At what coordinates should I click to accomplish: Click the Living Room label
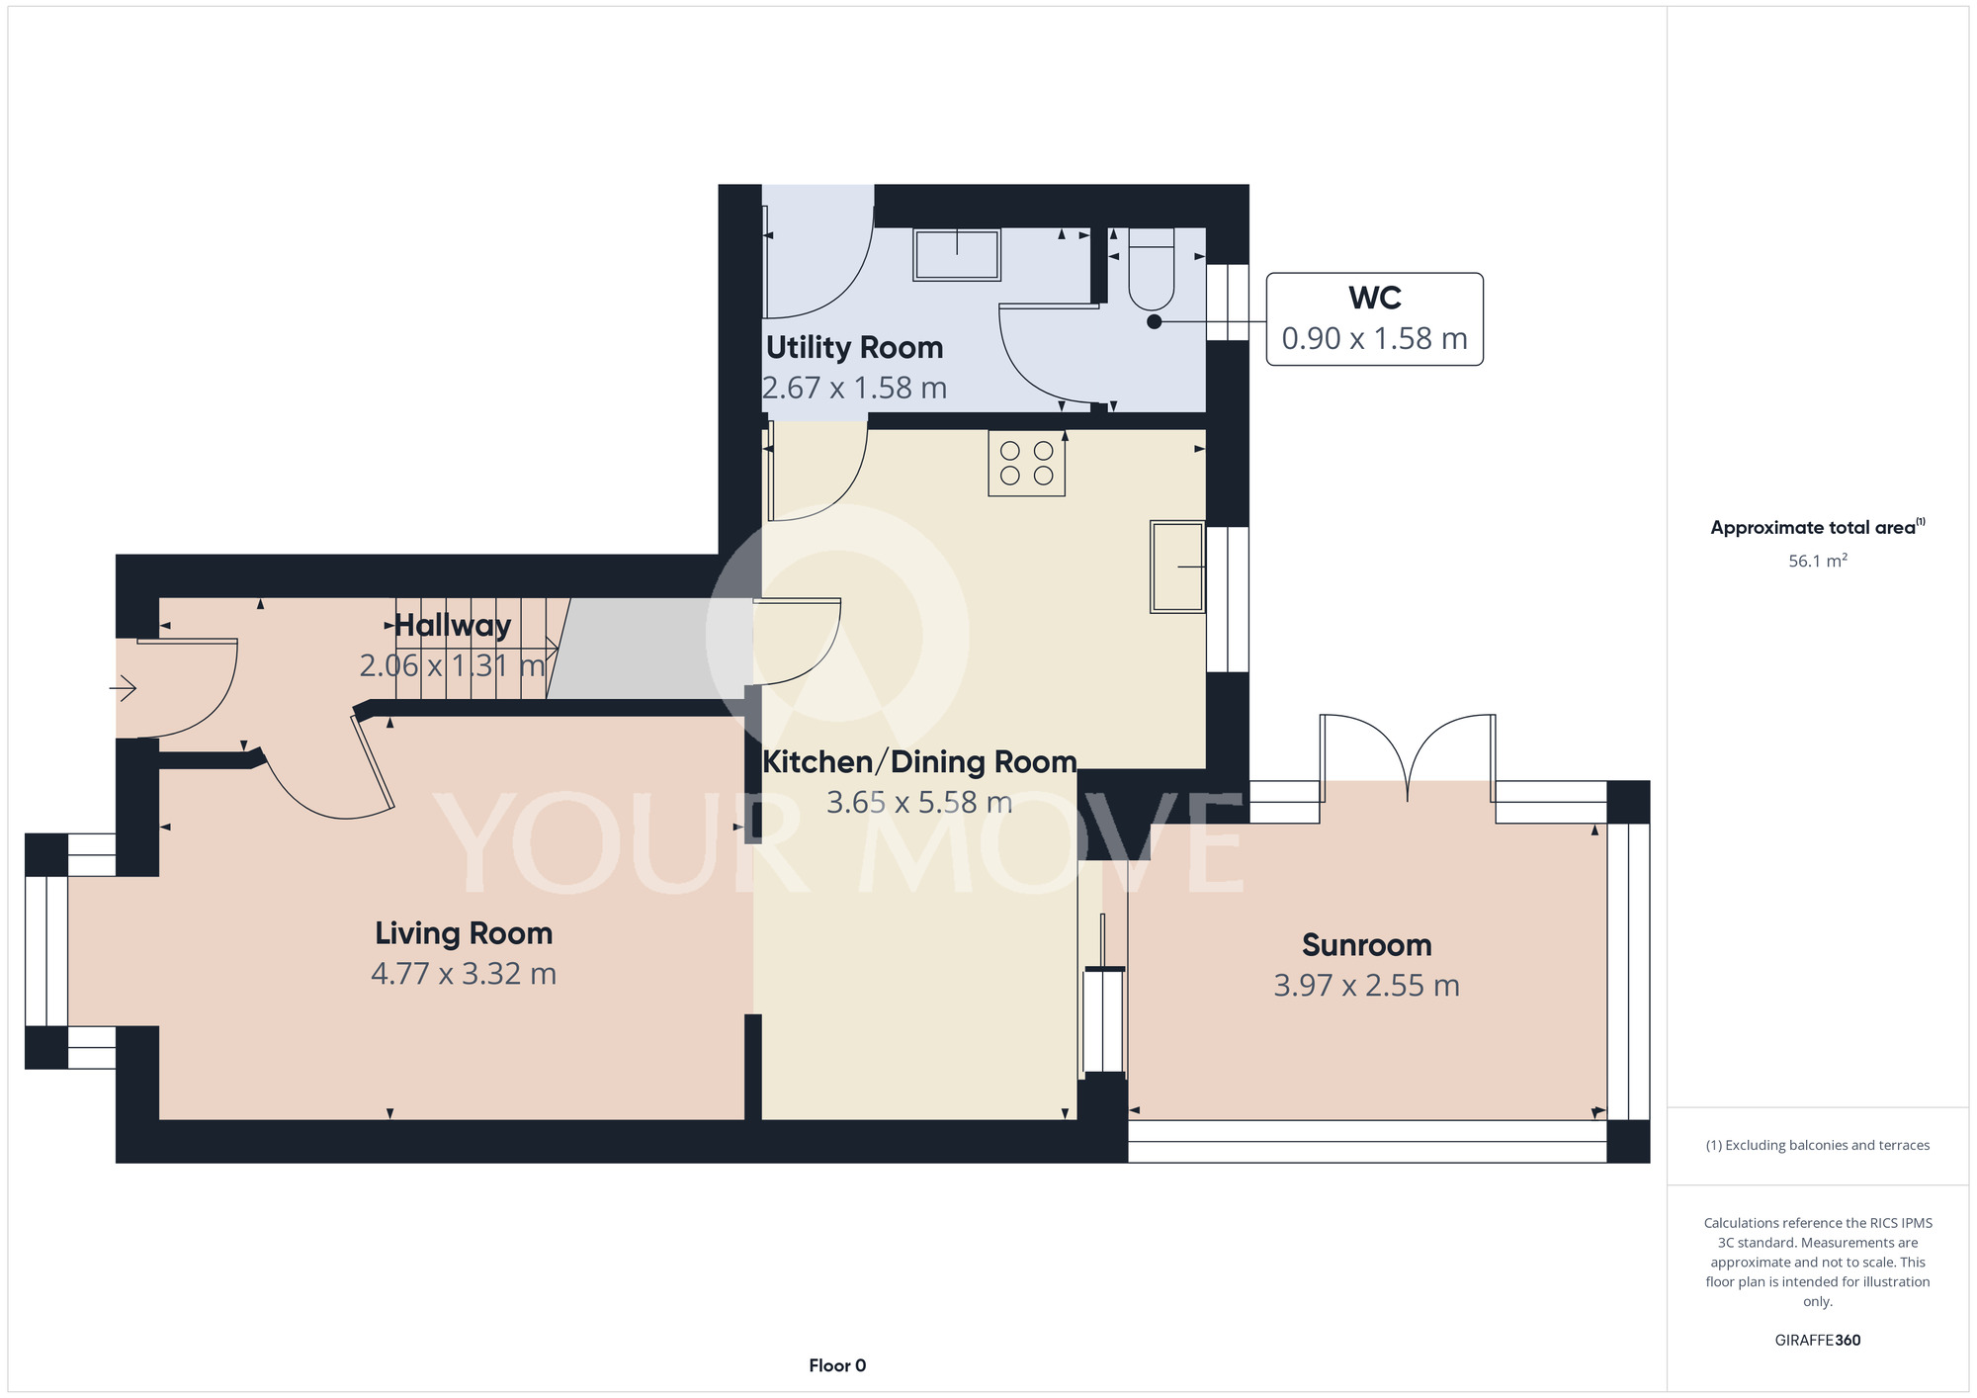[x=464, y=933]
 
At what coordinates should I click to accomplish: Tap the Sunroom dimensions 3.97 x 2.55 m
[x=1366, y=986]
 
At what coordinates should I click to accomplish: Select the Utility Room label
[x=854, y=348]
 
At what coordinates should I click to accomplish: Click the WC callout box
[x=1374, y=319]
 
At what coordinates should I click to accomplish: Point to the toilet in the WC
[x=1151, y=269]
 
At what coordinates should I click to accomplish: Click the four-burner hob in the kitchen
[x=1026, y=464]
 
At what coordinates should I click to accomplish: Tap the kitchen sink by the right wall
[x=1177, y=568]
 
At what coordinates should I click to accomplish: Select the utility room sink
[x=957, y=254]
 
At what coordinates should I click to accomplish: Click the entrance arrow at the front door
[x=123, y=686]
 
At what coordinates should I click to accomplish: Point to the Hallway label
[x=452, y=626]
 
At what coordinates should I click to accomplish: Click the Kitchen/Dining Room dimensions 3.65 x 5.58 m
[x=919, y=802]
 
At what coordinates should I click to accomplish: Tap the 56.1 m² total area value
[x=1818, y=561]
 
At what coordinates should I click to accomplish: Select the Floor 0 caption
[x=837, y=1365]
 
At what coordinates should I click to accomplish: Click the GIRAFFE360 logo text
[x=1818, y=1341]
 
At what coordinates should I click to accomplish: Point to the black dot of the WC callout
[x=1154, y=321]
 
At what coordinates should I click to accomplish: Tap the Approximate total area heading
[x=1818, y=527]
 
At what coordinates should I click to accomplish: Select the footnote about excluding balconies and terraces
[x=1818, y=1145]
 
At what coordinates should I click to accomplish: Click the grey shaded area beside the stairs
[x=647, y=649]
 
